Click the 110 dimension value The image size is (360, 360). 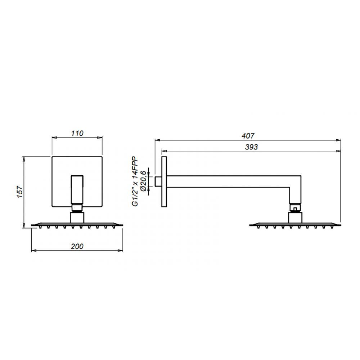pos(77,134)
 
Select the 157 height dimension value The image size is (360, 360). pos(20,192)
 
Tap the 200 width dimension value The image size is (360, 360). pos(77,247)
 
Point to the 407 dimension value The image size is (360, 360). pos(248,136)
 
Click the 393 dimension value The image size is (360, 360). pos(251,147)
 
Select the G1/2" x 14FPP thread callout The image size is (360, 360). pos(135,181)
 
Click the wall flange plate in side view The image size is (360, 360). pos(164,181)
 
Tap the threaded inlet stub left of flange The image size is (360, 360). pos(158,181)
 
